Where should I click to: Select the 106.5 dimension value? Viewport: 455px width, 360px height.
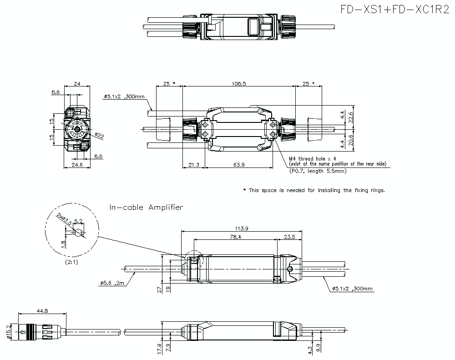238,84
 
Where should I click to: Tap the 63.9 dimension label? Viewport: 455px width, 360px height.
238,165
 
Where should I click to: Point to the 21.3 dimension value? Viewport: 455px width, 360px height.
193,165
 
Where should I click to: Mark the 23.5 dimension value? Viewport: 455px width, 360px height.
289,237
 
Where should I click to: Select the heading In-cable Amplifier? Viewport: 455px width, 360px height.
146,208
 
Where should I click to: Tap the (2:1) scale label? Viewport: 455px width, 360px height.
71,262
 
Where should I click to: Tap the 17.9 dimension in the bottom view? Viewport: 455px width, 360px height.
159,349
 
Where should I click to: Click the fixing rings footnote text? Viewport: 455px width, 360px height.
314,190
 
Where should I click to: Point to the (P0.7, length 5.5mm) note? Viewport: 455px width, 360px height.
318,171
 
